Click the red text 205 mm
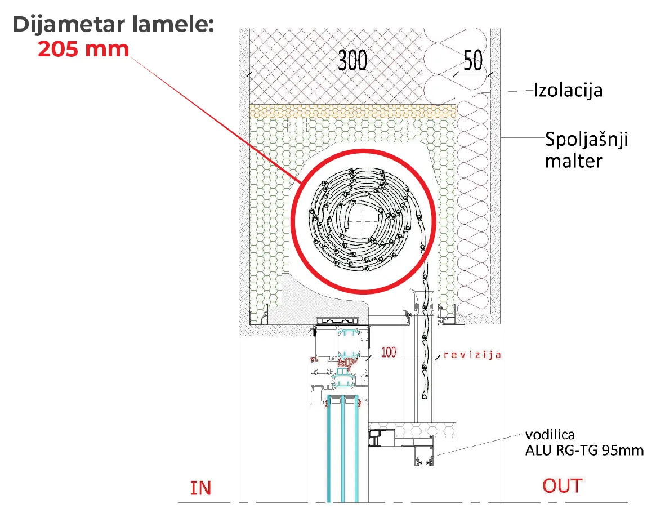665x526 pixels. pyautogui.click(x=83, y=49)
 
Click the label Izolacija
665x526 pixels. pyautogui.click(x=568, y=90)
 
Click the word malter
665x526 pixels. pyautogui.click(x=574, y=161)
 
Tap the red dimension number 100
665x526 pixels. pyautogui.click(x=389, y=353)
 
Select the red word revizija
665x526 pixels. pyautogui.click(x=472, y=355)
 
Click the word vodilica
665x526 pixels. pyautogui.click(x=550, y=435)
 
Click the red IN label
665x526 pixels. pyautogui.click(x=200, y=488)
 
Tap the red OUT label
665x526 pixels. pyautogui.click(x=563, y=485)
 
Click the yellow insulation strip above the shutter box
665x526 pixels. pyautogui.click(x=352, y=111)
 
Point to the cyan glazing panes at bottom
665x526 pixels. pyautogui.click(x=343, y=451)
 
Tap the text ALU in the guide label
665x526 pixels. pyautogui.click(x=538, y=450)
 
